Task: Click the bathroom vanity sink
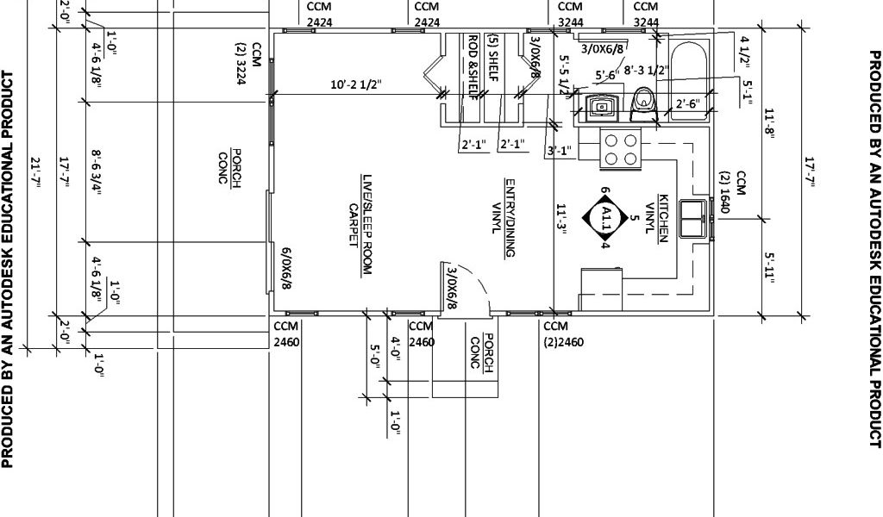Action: pyautogui.click(x=601, y=105)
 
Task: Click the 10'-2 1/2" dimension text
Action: pyautogui.click(x=356, y=85)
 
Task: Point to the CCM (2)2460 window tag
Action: pyautogui.click(x=563, y=333)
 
